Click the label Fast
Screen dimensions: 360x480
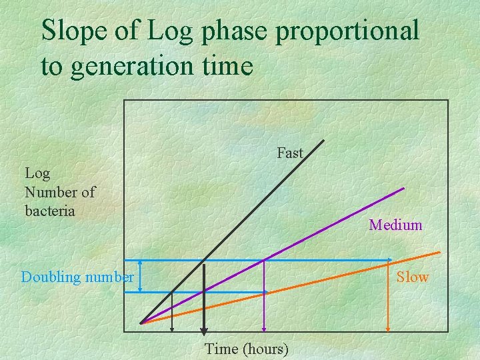point(290,153)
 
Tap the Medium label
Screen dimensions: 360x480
point(395,225)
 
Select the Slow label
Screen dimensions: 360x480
point(413,277)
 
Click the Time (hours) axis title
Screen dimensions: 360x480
point(247,349)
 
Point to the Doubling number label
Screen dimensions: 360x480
point(77,277)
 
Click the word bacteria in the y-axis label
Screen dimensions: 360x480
point(50,211)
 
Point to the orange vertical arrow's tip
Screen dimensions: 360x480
point(389,329)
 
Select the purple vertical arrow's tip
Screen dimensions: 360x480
point(265,329)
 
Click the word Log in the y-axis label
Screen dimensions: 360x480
point(37,173)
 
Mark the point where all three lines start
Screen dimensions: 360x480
point(141,323)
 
